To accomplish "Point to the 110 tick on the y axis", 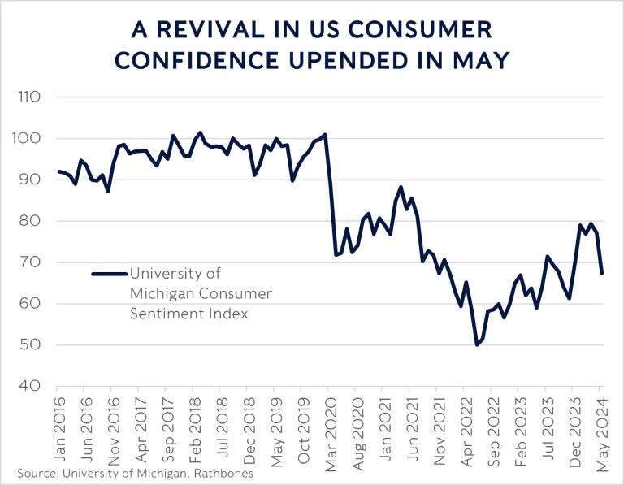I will click(x=32, y=97).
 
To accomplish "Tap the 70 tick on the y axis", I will click(x=33, y=262).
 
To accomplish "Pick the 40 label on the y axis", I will click(x=33, y=386).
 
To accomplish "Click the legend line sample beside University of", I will click(x=109, y=274).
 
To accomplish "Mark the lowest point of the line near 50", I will click(x=477, y=345).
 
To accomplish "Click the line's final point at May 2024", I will click(x=601, y=273).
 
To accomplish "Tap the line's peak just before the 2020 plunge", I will click(x=325, y=134).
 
